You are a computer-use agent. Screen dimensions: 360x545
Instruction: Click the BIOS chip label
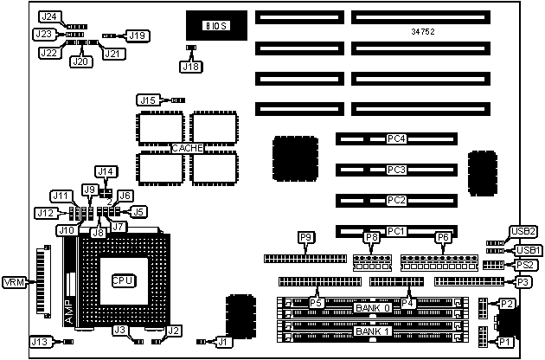pos(215,26)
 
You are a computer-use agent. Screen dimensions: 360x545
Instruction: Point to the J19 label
pos(137,35)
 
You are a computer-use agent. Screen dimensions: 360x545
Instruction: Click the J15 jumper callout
pos(148,100)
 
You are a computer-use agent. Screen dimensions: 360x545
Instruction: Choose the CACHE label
pos(188,148)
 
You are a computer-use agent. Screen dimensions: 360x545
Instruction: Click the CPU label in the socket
pos(121,280)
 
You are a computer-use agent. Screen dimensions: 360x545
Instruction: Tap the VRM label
pos(15,283)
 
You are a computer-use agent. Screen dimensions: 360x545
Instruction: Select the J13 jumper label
pos(40,342)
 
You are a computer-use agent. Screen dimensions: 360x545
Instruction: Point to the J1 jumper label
pos(224,342)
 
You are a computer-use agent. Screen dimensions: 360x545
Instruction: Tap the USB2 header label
pos(523,231)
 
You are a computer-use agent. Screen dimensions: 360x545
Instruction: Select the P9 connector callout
pos(305,237)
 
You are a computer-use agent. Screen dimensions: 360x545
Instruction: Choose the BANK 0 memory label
pos(373,307)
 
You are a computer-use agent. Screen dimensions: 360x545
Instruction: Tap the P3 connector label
pos(523,282)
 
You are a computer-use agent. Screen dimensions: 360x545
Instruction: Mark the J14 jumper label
pos(105,171)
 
